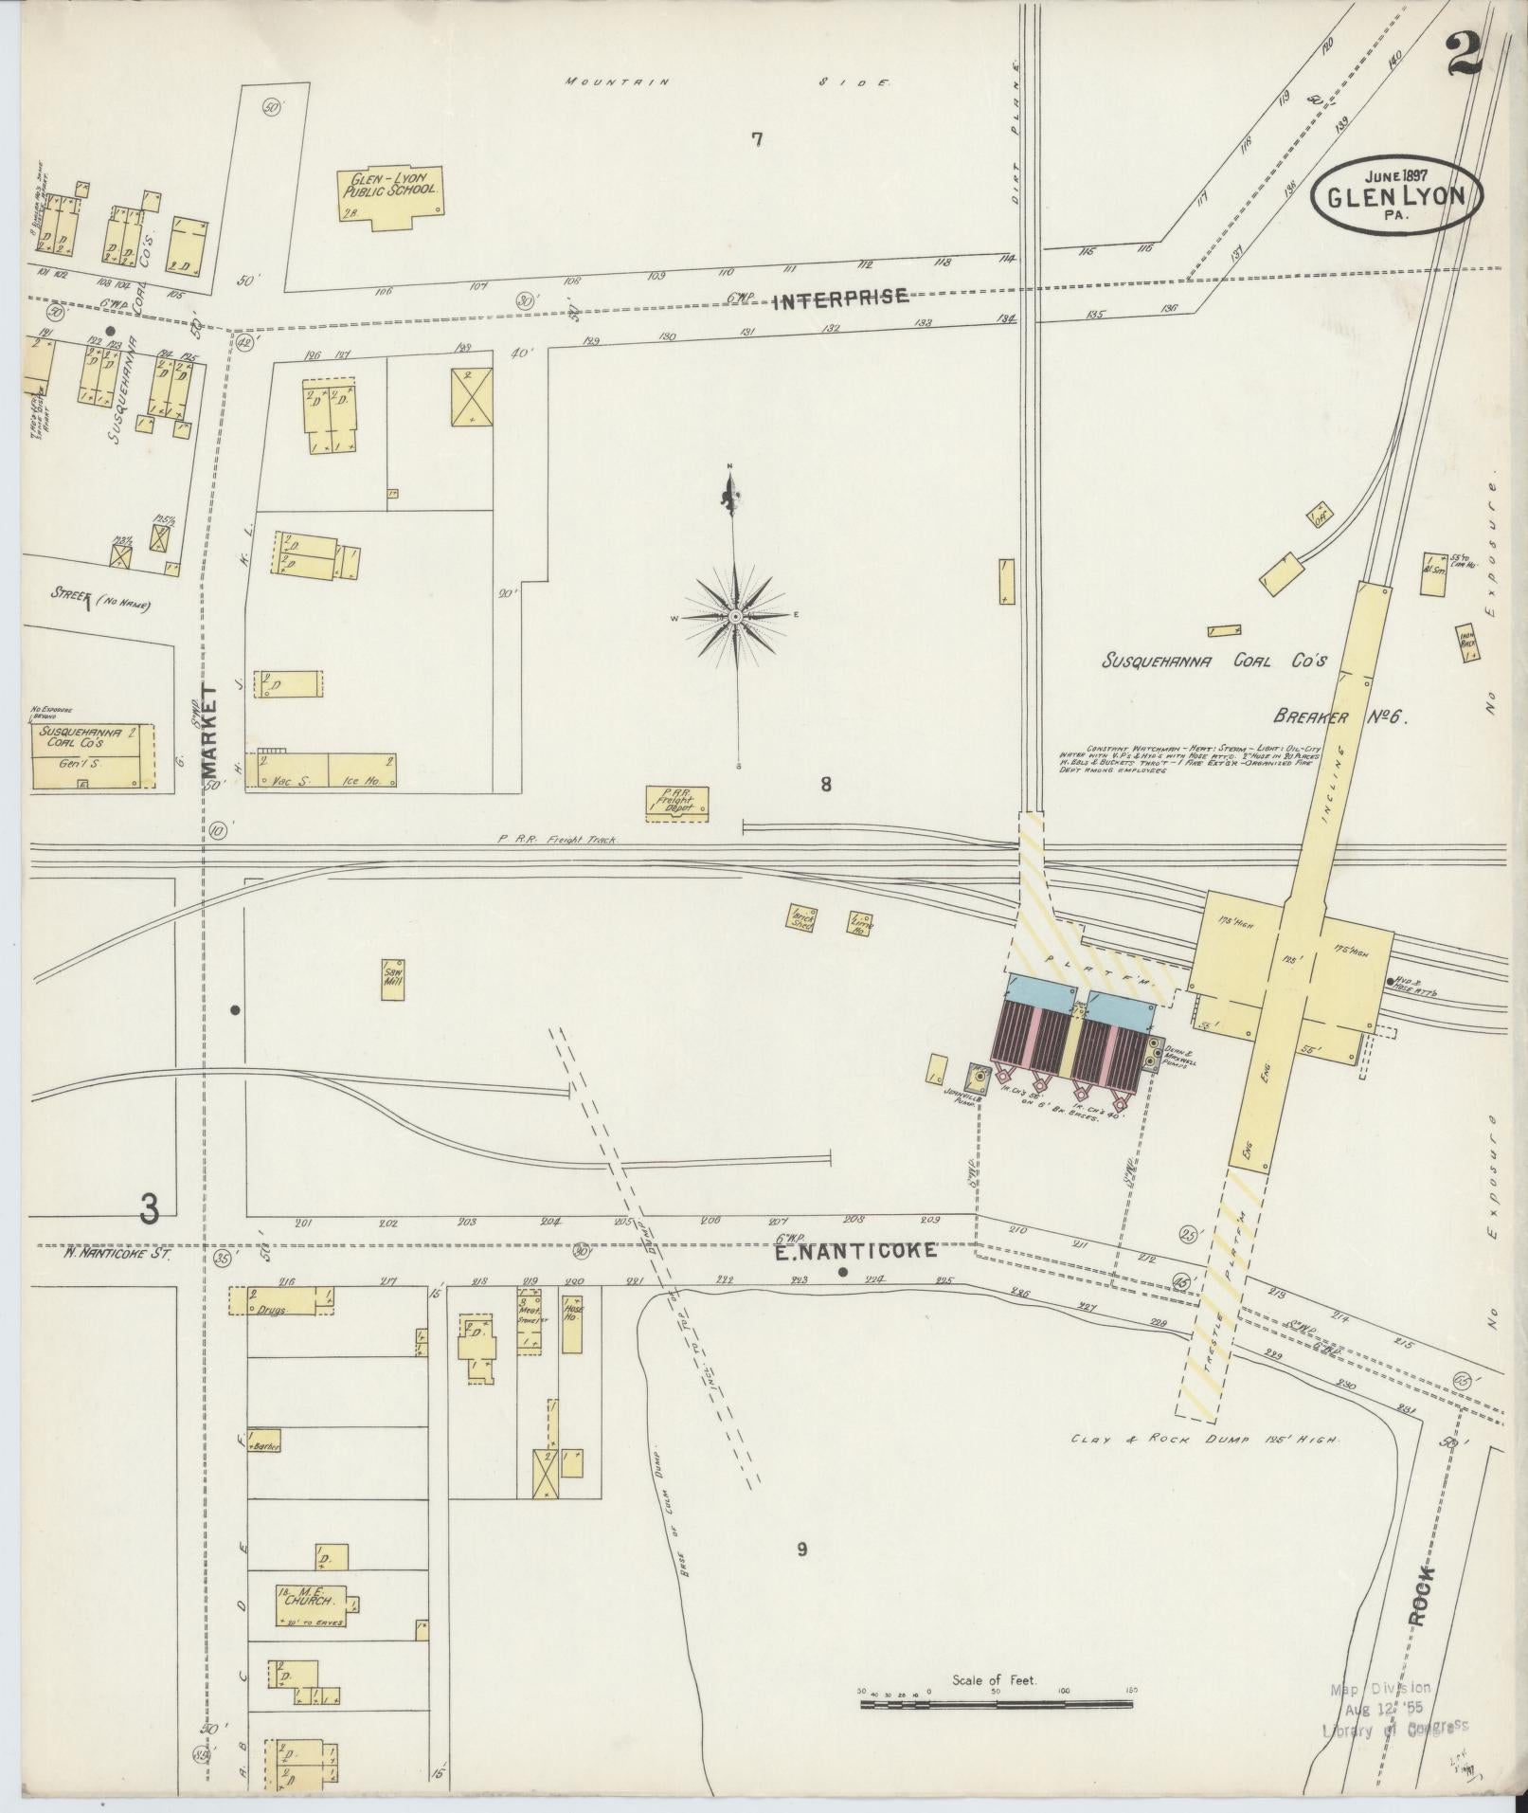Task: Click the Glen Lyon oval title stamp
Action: click(1397, 195)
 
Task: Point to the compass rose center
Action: click(734, 617)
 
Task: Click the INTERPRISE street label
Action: click(841, 300)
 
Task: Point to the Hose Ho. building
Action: click(572, 1322)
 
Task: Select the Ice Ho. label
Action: click(354, 782)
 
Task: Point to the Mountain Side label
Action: click(727, 82)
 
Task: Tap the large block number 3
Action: click(148, 1208)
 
